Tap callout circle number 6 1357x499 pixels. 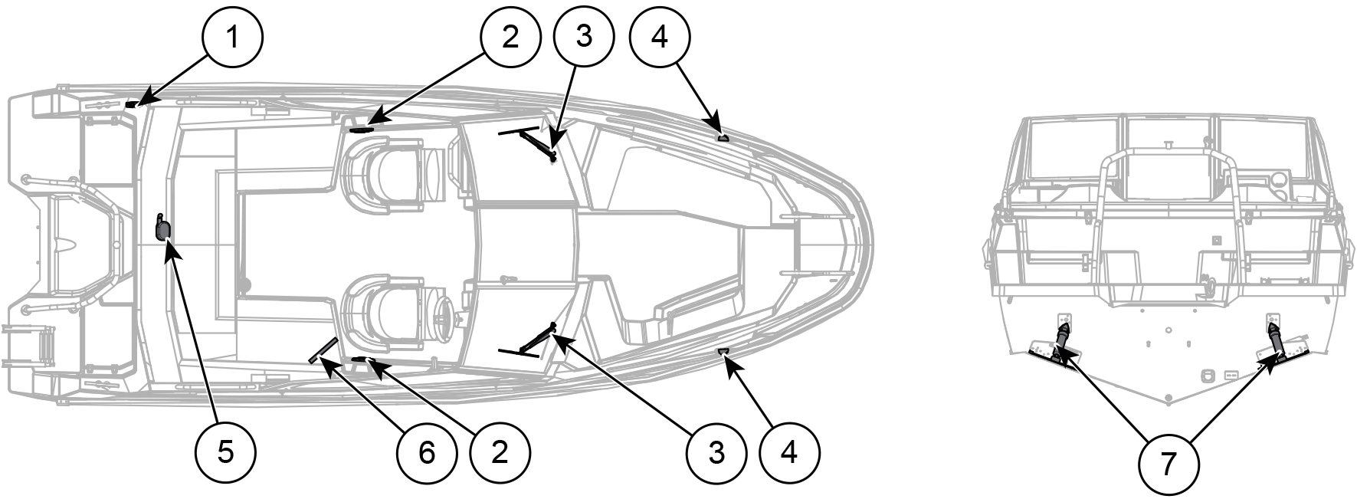(427, 451)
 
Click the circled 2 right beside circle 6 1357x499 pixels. (500, 451)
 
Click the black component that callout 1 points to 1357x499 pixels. (133, 103)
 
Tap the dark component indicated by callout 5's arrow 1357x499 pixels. (162, 229)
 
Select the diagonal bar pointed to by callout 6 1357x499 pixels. (324, 350)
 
